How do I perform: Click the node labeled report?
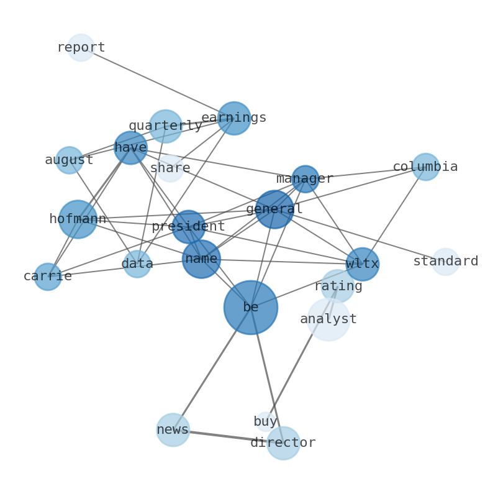click(81, 48)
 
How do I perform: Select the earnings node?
click(234, 118)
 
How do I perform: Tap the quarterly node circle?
click(166, 126)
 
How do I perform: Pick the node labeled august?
click(69, 160)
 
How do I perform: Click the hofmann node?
click(78, 219)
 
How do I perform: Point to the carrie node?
click(48, 277)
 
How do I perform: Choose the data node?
click(137, 264)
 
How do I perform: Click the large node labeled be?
click(251, 308)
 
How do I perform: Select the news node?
click(173, 429)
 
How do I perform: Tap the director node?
click(284, 443)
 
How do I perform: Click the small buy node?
click(265, 421)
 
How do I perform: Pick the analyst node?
click(328, 319)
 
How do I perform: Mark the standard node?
click(446, 262)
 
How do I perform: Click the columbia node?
click(425, 167)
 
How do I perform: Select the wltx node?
click(363, 264)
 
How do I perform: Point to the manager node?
click(305, 179)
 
